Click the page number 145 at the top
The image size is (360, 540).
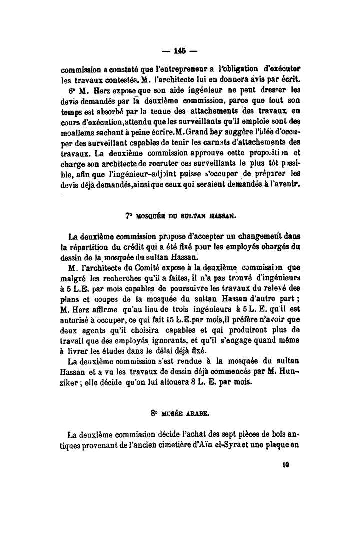(x=180, y=50)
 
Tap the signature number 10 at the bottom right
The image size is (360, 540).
(x=286, y=463)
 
